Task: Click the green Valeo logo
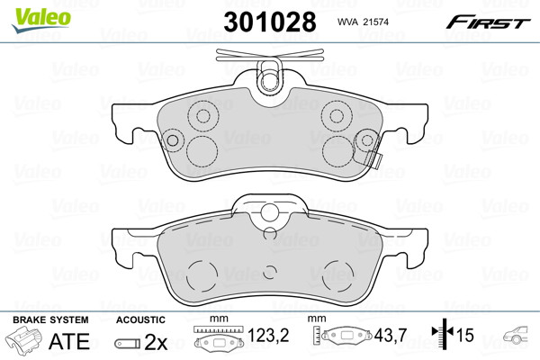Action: click(41, 20)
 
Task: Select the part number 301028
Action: click(270, 22)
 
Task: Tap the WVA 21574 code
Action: click(363, 22)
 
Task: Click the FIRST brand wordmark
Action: click(488, 22)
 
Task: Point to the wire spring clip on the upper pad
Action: click(270, 55)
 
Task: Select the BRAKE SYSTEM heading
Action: click(50, 319)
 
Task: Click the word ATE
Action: click(69, 341)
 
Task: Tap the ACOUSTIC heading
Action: click(140, 319)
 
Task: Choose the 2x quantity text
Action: click(156, 342)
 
